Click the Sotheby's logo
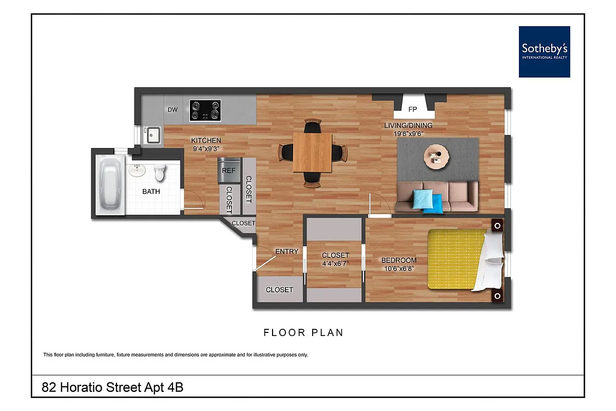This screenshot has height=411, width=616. click(x=544, y=51)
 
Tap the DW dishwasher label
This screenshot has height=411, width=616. click(x=172, y=109)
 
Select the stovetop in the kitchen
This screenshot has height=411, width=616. click(x=205, y=110)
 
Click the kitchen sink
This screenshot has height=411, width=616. click(x=152, y=136)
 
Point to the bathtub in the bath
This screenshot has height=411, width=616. click(x=110, y=184)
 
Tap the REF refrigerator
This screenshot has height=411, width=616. click(x=228, y=171)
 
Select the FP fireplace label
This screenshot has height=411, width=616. click(x=412, y=109)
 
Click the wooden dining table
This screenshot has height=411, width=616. click(x=312, y=153)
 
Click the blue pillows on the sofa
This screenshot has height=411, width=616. click(x=428, y=200)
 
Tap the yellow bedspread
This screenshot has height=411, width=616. click(x=454, y=259)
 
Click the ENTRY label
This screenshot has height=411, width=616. click(x=286, y=251)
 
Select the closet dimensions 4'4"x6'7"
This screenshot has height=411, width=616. click(x=335, y=264)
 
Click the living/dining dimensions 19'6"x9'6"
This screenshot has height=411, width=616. click(x=409, y=134)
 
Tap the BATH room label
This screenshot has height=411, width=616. click(x=151, y=192)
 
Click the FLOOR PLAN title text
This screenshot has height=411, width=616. click(x=303, y=333)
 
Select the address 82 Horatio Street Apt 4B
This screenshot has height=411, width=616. click(x=112, y=387)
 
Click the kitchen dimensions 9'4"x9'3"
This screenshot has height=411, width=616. click(x=206, y=149)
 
